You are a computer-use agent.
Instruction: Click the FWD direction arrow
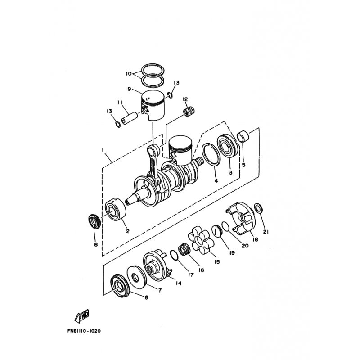[x=82, y=316]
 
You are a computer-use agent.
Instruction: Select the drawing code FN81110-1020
[x=84, y=331]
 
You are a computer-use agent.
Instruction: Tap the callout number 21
[x=265, y=232]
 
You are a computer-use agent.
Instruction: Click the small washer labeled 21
[x=259, y=208]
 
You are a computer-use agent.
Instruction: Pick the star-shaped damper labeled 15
[x=201, y=240]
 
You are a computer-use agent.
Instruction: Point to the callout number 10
[x=129, y=74]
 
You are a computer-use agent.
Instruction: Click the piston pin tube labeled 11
[x=129, y=118]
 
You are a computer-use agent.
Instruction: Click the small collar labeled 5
[x=243, y=137]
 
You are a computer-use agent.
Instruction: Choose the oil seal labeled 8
[x=94, y=221]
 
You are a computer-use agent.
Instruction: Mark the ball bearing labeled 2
[x=116, y=209]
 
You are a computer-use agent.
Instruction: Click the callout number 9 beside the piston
[x=129, y=89]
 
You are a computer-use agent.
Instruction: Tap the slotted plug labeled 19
[x=216, y=231]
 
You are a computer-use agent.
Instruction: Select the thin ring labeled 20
[x=226, y=226]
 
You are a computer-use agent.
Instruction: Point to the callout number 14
[x=178, y=283]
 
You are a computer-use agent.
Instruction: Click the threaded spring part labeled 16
[x=184, y=249]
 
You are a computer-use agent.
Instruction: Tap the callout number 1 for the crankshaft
[x=103, y=150]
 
